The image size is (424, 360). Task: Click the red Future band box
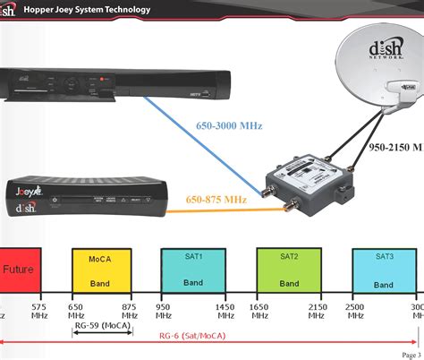pyautogui.click(x=19, y=268)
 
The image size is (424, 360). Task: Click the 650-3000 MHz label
pyautogui.click(x=230, y=126)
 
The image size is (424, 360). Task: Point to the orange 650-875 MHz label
pyautogui.click(x=217, y=199)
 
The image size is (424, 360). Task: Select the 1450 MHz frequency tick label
pyautogui.click(x=225, y=311)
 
